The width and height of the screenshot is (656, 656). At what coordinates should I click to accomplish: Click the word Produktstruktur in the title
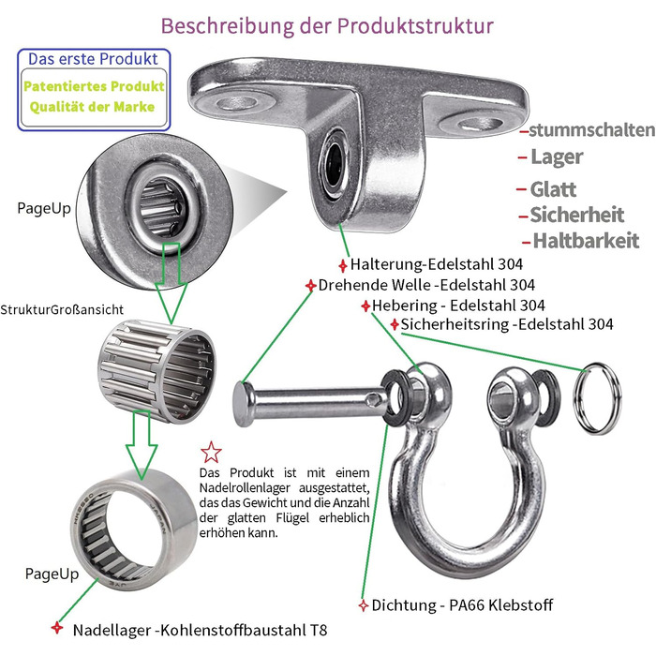pyautogui.click(x=415, y=26)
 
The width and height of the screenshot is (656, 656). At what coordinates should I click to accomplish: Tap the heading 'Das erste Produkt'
pyautogui.click(x=93, y=59)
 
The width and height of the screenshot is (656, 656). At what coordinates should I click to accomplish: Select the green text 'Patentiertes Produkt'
pyautogui.click(x=94, y=86)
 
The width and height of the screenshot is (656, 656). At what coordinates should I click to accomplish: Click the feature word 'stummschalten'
pyautogui.click(x=591, y=130)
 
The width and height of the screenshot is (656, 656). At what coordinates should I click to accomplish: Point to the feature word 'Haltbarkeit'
pyautogui.click(x=586, y=241)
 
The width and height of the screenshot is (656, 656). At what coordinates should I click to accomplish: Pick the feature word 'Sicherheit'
pyautogui.click(x=577, y=215)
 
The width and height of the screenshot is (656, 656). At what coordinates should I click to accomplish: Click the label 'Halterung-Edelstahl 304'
pyautogui.click(x=437, y=264)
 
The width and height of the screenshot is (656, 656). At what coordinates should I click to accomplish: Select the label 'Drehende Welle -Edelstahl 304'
pyautogui.click(x=426, y=285)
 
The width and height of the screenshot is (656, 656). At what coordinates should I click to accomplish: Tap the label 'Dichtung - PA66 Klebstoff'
pyautogui.click(x=462, y=605)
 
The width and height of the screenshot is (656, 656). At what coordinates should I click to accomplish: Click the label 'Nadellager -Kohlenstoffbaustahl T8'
pyautogui.click(x=200, y=630)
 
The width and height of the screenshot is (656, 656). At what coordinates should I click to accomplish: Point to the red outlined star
pyautogui.click(x=211, y=453)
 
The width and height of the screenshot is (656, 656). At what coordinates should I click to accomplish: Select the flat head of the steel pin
pyautogui.click(x=240, y=404)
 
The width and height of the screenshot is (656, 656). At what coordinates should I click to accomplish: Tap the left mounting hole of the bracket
pyautogui.click(x=238, y=102)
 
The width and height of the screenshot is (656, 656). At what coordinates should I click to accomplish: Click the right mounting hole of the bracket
pyautogui.click(x=480, y=125)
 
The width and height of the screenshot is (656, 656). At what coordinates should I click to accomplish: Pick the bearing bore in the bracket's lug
pyautogui.click(x=334, y=160)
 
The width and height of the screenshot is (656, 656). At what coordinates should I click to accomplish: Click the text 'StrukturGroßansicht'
pyautogui.click(x=62, y=309)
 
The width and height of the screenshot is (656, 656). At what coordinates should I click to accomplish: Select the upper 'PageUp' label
pyautogui.click(x=44, y=208)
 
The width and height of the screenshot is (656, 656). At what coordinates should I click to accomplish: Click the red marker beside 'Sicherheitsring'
pyautogui.click(x=395, y=324)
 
